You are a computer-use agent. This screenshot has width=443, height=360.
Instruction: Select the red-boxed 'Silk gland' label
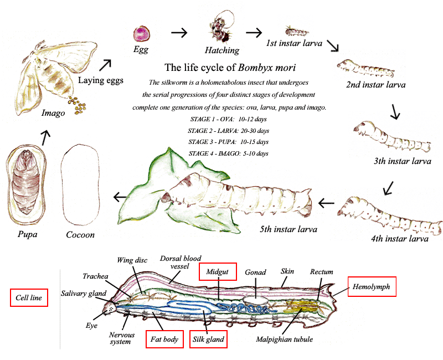[x=208, y=339]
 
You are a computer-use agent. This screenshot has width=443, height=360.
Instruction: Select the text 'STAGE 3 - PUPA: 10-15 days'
[x=229, y=142]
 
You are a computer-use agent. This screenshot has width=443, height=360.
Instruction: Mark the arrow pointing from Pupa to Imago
[x=45, y=133]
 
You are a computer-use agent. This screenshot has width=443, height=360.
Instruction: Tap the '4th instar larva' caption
[x=400, y=239]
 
